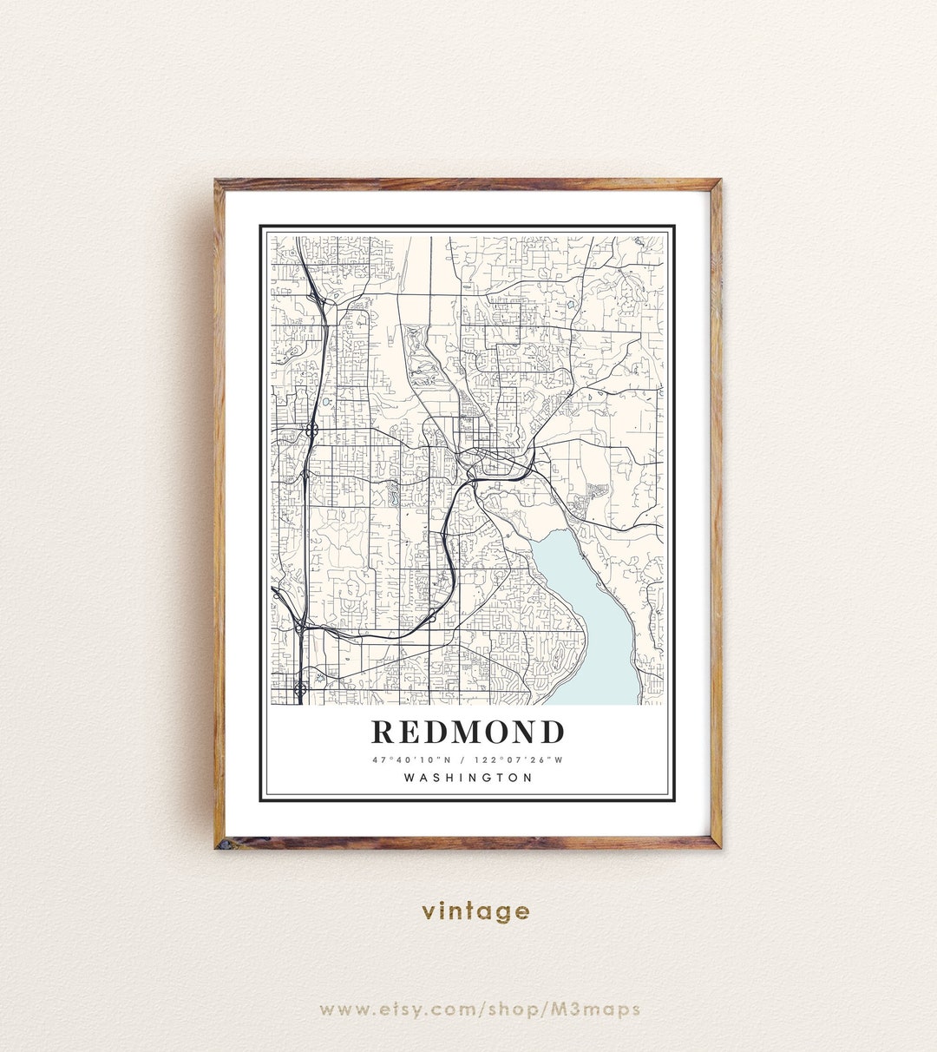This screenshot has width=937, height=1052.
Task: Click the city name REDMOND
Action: coord(468,733)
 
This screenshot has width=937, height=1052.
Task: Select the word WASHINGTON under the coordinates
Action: coord(468,778)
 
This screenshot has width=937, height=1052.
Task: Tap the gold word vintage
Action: coord(475,911)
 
